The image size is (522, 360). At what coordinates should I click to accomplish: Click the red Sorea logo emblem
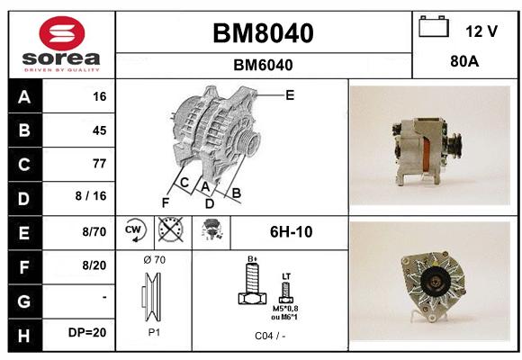(x=62, y=33)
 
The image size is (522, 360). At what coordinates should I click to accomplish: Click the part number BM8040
(x=263, y=33)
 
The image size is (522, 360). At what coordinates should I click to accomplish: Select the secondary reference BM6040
(x=263, y=65)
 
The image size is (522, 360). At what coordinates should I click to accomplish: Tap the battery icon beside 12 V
(x=434, y=26)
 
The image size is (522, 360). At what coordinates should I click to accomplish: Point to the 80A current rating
(x=464, y=61)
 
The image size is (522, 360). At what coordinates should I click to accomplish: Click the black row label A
(x=25, y=97)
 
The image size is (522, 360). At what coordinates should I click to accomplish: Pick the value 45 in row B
(x=100, y=130)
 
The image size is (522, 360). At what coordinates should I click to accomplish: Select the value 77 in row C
(x=100, y=164)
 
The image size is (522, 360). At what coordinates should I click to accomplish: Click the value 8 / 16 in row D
(x=91, y=196)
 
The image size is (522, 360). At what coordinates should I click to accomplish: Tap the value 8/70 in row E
(x=94, y=231)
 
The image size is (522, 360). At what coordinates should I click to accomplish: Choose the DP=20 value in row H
(x=87, y=332)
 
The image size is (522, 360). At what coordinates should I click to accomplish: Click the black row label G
(x=25, y=301)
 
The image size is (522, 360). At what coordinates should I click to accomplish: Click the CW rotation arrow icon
(x=135, y=230)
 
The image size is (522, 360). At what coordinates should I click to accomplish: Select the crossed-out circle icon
(x=171, y=229)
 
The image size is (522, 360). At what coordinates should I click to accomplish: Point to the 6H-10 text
(x=292, y=232)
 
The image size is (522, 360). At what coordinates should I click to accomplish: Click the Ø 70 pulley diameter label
(x=155, y=260)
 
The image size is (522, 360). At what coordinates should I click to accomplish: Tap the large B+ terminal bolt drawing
(x=252, y=283)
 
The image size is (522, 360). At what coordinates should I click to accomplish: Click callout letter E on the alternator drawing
(x=290, y=95)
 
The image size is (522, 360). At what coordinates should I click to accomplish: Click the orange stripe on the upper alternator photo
(x=426, y=155)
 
